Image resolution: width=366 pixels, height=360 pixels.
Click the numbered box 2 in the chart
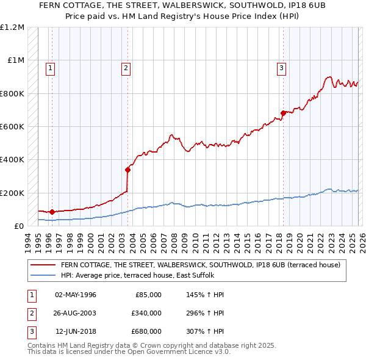click(126, 68)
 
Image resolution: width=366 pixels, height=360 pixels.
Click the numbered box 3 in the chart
click(281, 68)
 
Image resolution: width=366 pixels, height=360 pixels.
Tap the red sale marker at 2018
click(284, 113)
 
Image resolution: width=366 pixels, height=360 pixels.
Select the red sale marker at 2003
click(128, 170)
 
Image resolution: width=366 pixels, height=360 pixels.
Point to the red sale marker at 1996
click(52, 212)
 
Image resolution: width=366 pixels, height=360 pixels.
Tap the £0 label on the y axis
click(18, 226)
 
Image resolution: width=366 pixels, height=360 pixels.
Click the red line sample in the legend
click(43, 265)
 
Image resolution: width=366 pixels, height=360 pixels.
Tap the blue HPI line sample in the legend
click(43, 275)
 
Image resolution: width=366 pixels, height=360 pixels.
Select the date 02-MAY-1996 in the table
click(76, 295)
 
